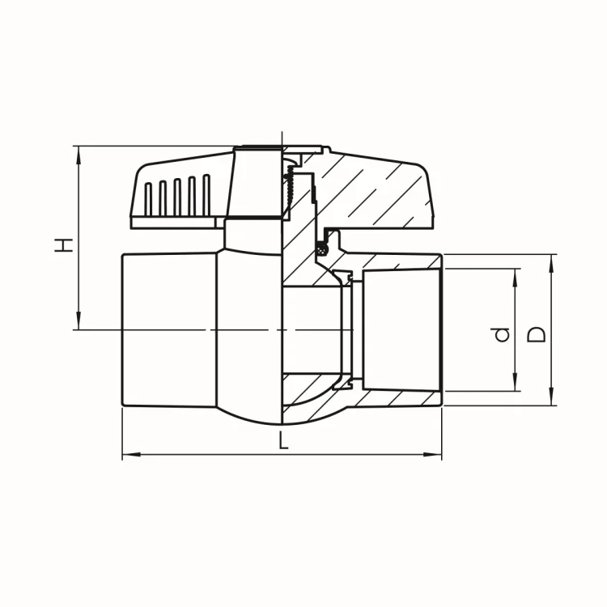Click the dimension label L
(x=282, y=441)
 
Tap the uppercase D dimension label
(x=537, y=332)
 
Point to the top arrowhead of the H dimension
(x=79, y=151)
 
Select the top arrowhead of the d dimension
(x=516, y=274)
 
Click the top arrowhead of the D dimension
(x=551, y=260)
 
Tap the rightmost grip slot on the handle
(x=206, y=193)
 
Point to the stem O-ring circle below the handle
(x=325, y=248)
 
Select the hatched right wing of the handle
(x=372, y=194)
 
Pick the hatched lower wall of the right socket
(x=397, y=397)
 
